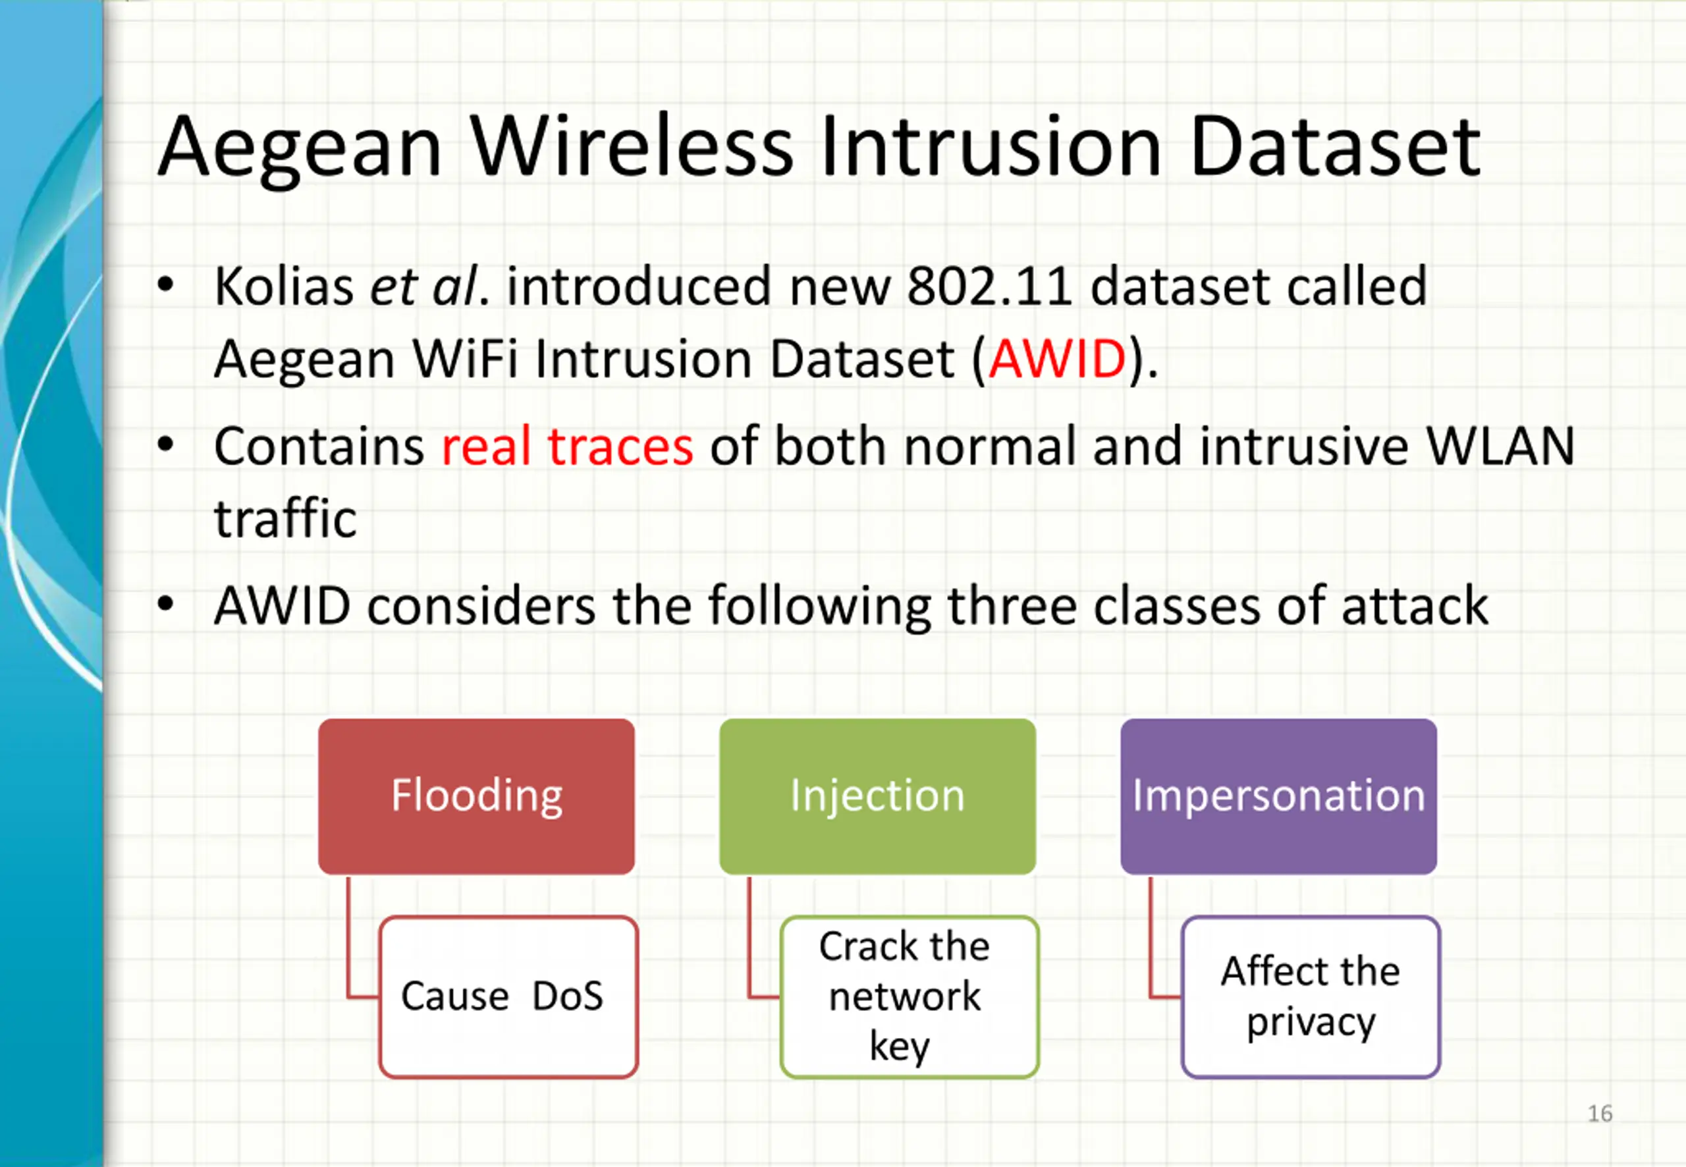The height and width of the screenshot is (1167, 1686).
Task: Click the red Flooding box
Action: pos(476,796)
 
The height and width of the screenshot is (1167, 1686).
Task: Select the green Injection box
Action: pos(877,796)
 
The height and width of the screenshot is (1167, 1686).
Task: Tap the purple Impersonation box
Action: pos(1279,796)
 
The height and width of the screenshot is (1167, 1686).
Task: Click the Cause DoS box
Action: pos(509,996)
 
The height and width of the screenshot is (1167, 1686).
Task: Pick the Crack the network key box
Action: pos(910,996)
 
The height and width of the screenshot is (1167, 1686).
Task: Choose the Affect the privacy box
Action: pos(1311,996)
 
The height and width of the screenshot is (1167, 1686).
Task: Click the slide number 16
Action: pos(1600,1114)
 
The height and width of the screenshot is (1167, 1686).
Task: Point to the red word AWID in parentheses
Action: pos(1057,359)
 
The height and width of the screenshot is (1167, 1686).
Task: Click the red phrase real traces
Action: pos(567,446)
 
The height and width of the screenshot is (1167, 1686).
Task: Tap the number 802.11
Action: pos(990,286)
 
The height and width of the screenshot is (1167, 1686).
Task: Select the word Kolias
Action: pos(285,286)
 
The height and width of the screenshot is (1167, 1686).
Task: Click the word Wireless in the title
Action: pos(632,146)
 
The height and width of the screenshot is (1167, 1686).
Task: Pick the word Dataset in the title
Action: pos(1336,146)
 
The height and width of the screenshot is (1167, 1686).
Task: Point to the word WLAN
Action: pos(1501,446)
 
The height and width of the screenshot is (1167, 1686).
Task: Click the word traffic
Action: pos(285,518)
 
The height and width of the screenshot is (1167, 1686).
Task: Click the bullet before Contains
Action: pos(166,445)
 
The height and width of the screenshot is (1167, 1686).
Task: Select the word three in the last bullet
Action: pos(1012,605)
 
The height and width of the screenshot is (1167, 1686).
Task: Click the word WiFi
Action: pos(465,359)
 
